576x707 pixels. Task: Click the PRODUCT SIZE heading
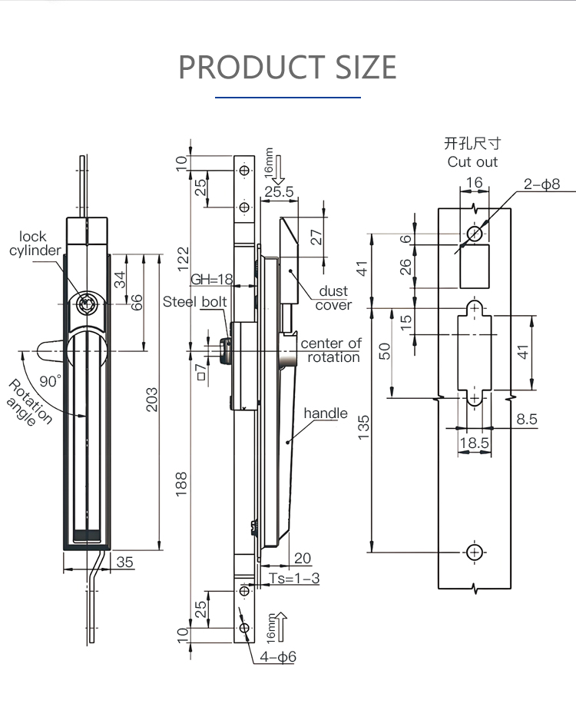(x=287, y=67)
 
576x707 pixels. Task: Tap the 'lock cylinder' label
(x=35, y=244)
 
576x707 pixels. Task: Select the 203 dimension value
(x=152, y=400)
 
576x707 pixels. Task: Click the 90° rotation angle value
(x=50, y=381)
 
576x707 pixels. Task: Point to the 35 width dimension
(x=125, y=563)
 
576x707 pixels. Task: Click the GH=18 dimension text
(x=212, y=280)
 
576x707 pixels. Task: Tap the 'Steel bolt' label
(x=195, y=302)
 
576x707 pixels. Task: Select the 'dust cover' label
(x=333, y=298)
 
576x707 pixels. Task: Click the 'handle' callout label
(x=326, y=413)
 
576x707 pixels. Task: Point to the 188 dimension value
(x=181, y=484)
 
